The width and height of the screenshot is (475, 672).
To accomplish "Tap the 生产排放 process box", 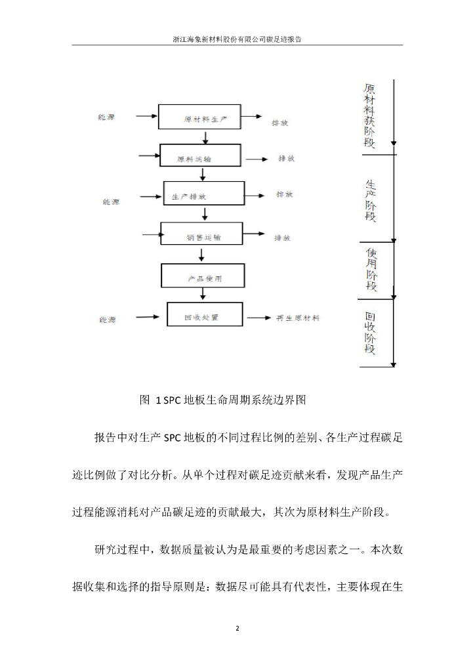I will coord(203,196).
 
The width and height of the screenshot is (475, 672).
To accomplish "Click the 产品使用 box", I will coord(204,278).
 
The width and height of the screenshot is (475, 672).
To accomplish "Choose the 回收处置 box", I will coord(204,317).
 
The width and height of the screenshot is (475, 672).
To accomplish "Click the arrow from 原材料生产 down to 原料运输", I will coord(207,138).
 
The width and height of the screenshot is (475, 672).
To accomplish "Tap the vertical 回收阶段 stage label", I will coord(371,332).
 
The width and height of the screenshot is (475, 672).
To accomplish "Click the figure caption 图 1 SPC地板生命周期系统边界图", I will coord(224,398).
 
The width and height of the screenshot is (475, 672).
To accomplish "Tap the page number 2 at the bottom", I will coord(237,628).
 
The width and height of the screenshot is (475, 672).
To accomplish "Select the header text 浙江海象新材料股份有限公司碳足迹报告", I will coord(237,39).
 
